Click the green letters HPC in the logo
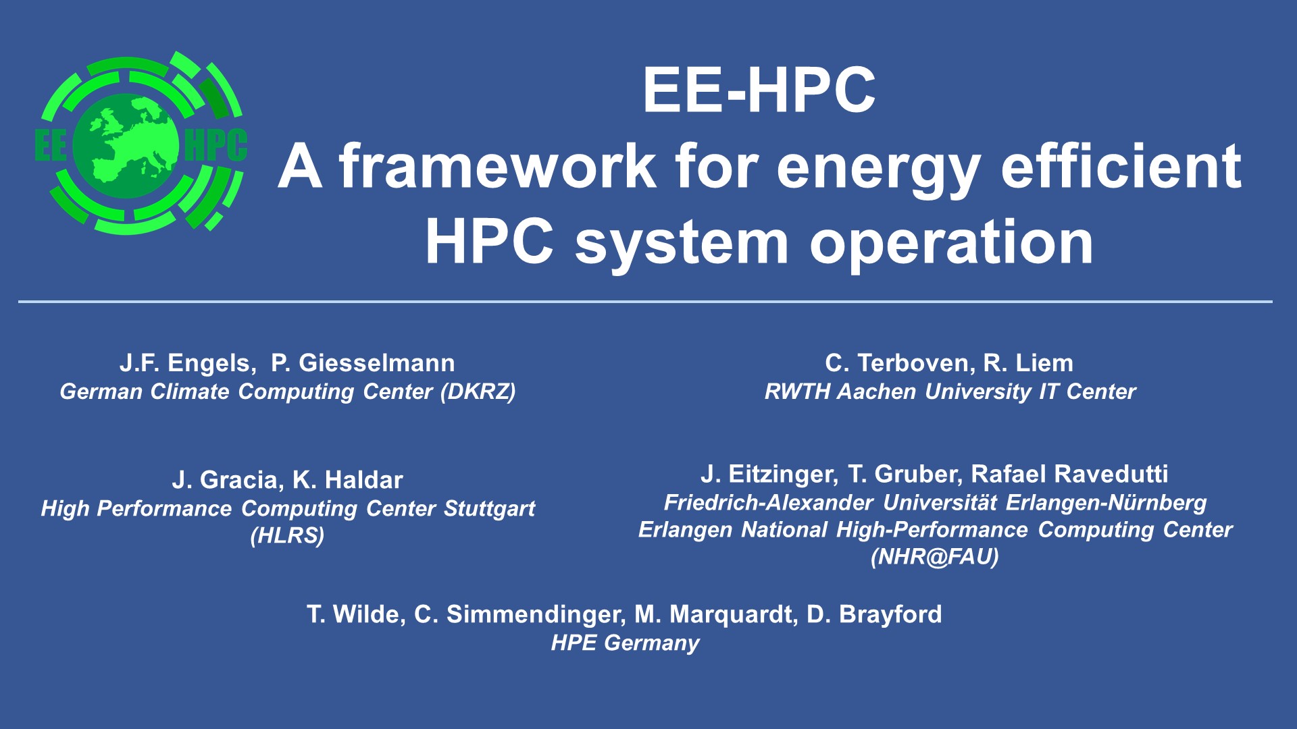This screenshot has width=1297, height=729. pos(215,145)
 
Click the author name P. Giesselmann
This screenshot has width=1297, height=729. pos(363,363)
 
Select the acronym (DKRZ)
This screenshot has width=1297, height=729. pos(478,391)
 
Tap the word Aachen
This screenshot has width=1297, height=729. pos(877,391)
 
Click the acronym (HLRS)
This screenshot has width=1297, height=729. pos(287,536)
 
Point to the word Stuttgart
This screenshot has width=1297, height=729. pos(489,508)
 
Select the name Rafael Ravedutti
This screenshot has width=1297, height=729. pos(1069,474)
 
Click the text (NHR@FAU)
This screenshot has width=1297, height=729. pos(935,557)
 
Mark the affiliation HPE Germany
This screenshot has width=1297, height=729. pos(625,643)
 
